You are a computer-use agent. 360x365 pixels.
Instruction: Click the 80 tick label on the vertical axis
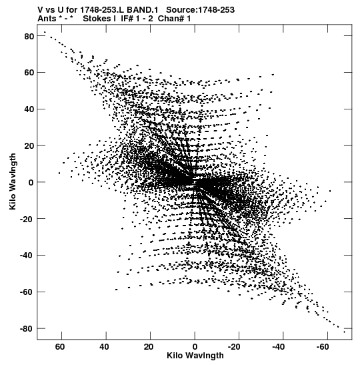[x=29, y=36]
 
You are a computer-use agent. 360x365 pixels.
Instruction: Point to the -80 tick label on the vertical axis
[x=26, y=329]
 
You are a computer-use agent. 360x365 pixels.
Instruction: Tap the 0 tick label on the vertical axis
[x=31, y=183]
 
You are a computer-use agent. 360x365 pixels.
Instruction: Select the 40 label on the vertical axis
[x=29, y=109]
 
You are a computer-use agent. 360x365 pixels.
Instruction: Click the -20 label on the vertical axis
[x=26, y=219]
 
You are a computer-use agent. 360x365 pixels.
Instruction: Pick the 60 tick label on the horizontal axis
[x=60, y=347]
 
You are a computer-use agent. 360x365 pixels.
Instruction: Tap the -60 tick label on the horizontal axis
[x=323, y=347]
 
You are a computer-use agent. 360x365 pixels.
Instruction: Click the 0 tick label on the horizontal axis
[x=195, y=347]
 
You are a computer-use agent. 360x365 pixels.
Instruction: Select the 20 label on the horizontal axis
[x=149, y=347]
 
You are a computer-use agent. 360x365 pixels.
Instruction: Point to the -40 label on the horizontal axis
[x=279, y=347]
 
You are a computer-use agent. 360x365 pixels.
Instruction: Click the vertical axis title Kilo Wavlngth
[x=13, y=181]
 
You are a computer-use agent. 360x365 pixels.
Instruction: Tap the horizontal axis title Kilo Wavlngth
[x=195, y=356]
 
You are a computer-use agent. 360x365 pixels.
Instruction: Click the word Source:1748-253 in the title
[x=200, y=10]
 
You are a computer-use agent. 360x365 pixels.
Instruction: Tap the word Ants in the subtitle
[x=47, y=19]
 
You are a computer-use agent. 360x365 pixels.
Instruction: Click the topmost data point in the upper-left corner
[x=45, y=32]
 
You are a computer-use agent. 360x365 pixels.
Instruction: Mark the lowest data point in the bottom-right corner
[x=345, y=332]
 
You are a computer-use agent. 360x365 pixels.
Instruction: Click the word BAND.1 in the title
[x=143, y=10]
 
